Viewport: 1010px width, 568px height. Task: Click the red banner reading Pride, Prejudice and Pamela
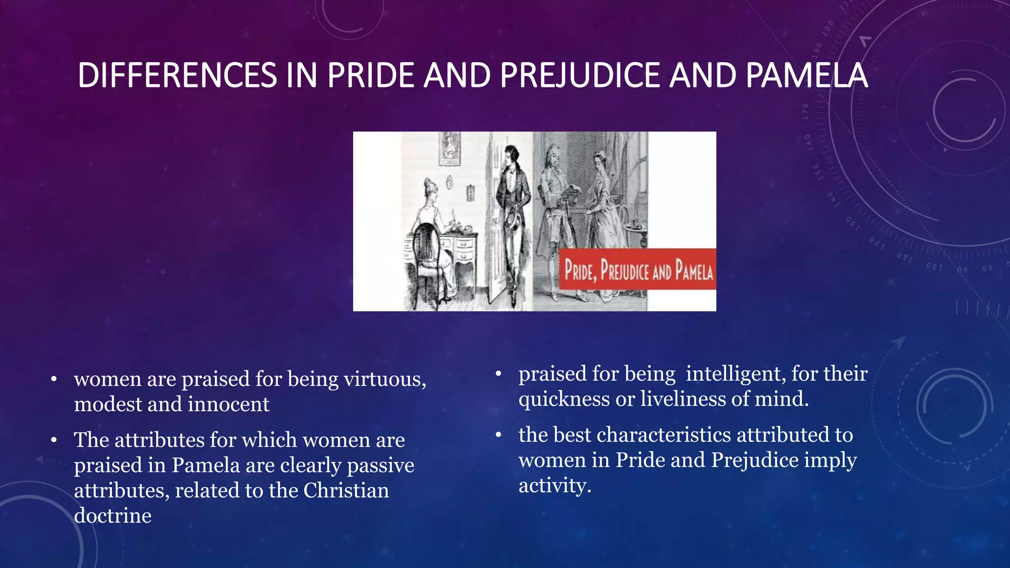pos(637,270)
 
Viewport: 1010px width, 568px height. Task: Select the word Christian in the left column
pos(346,491)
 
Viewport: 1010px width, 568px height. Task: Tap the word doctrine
pos(112,516)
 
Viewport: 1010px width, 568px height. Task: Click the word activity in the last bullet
pos(554,486)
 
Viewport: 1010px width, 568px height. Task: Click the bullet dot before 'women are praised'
pos(54,380)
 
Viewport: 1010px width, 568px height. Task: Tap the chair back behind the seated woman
pos(424,247)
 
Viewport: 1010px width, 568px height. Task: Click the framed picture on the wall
pos(449,148)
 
